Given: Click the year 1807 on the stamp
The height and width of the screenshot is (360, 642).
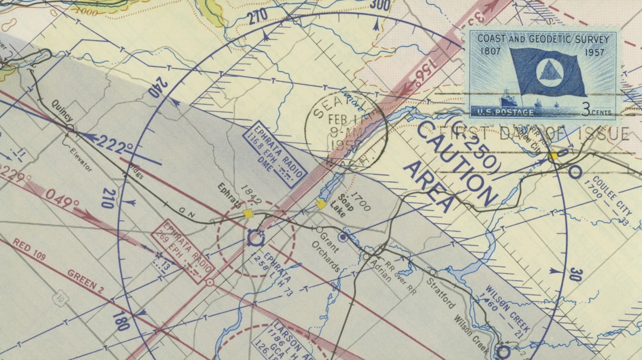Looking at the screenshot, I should pos(491,52).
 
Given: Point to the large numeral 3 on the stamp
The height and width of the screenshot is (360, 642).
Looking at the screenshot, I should pos(586,109).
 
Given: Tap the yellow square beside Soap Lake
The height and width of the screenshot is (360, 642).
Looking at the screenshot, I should pos(321,204).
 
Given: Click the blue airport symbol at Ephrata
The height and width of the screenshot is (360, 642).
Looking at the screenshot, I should pos(255,239).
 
